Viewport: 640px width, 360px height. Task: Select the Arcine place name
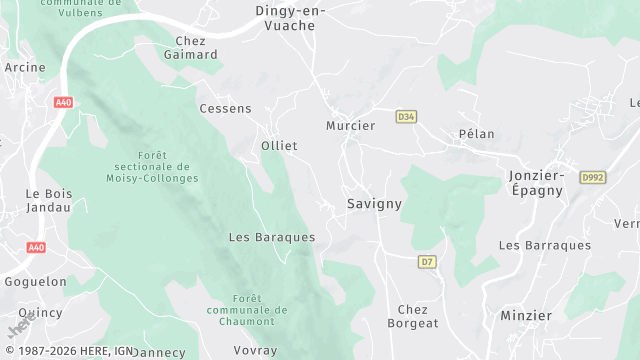tap(25, 68)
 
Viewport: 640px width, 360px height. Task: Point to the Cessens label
tap(225, 108)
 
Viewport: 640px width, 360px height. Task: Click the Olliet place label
tap(279, 146)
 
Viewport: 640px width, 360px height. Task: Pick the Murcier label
tap(350, 126)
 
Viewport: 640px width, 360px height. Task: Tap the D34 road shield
tap(405, 116)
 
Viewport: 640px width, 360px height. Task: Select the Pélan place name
tap(476, 134)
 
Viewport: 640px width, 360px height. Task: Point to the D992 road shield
tap(593, 177)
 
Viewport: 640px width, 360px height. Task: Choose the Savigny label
tap(374, 203)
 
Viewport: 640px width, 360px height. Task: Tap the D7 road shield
tap(427, 262)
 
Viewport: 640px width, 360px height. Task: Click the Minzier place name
tap(526, 315)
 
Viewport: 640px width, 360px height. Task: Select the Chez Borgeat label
tap(418, 316)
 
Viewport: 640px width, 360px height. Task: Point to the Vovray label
tap(255, 351)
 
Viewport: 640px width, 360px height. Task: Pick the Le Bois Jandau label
tap(48, 200)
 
